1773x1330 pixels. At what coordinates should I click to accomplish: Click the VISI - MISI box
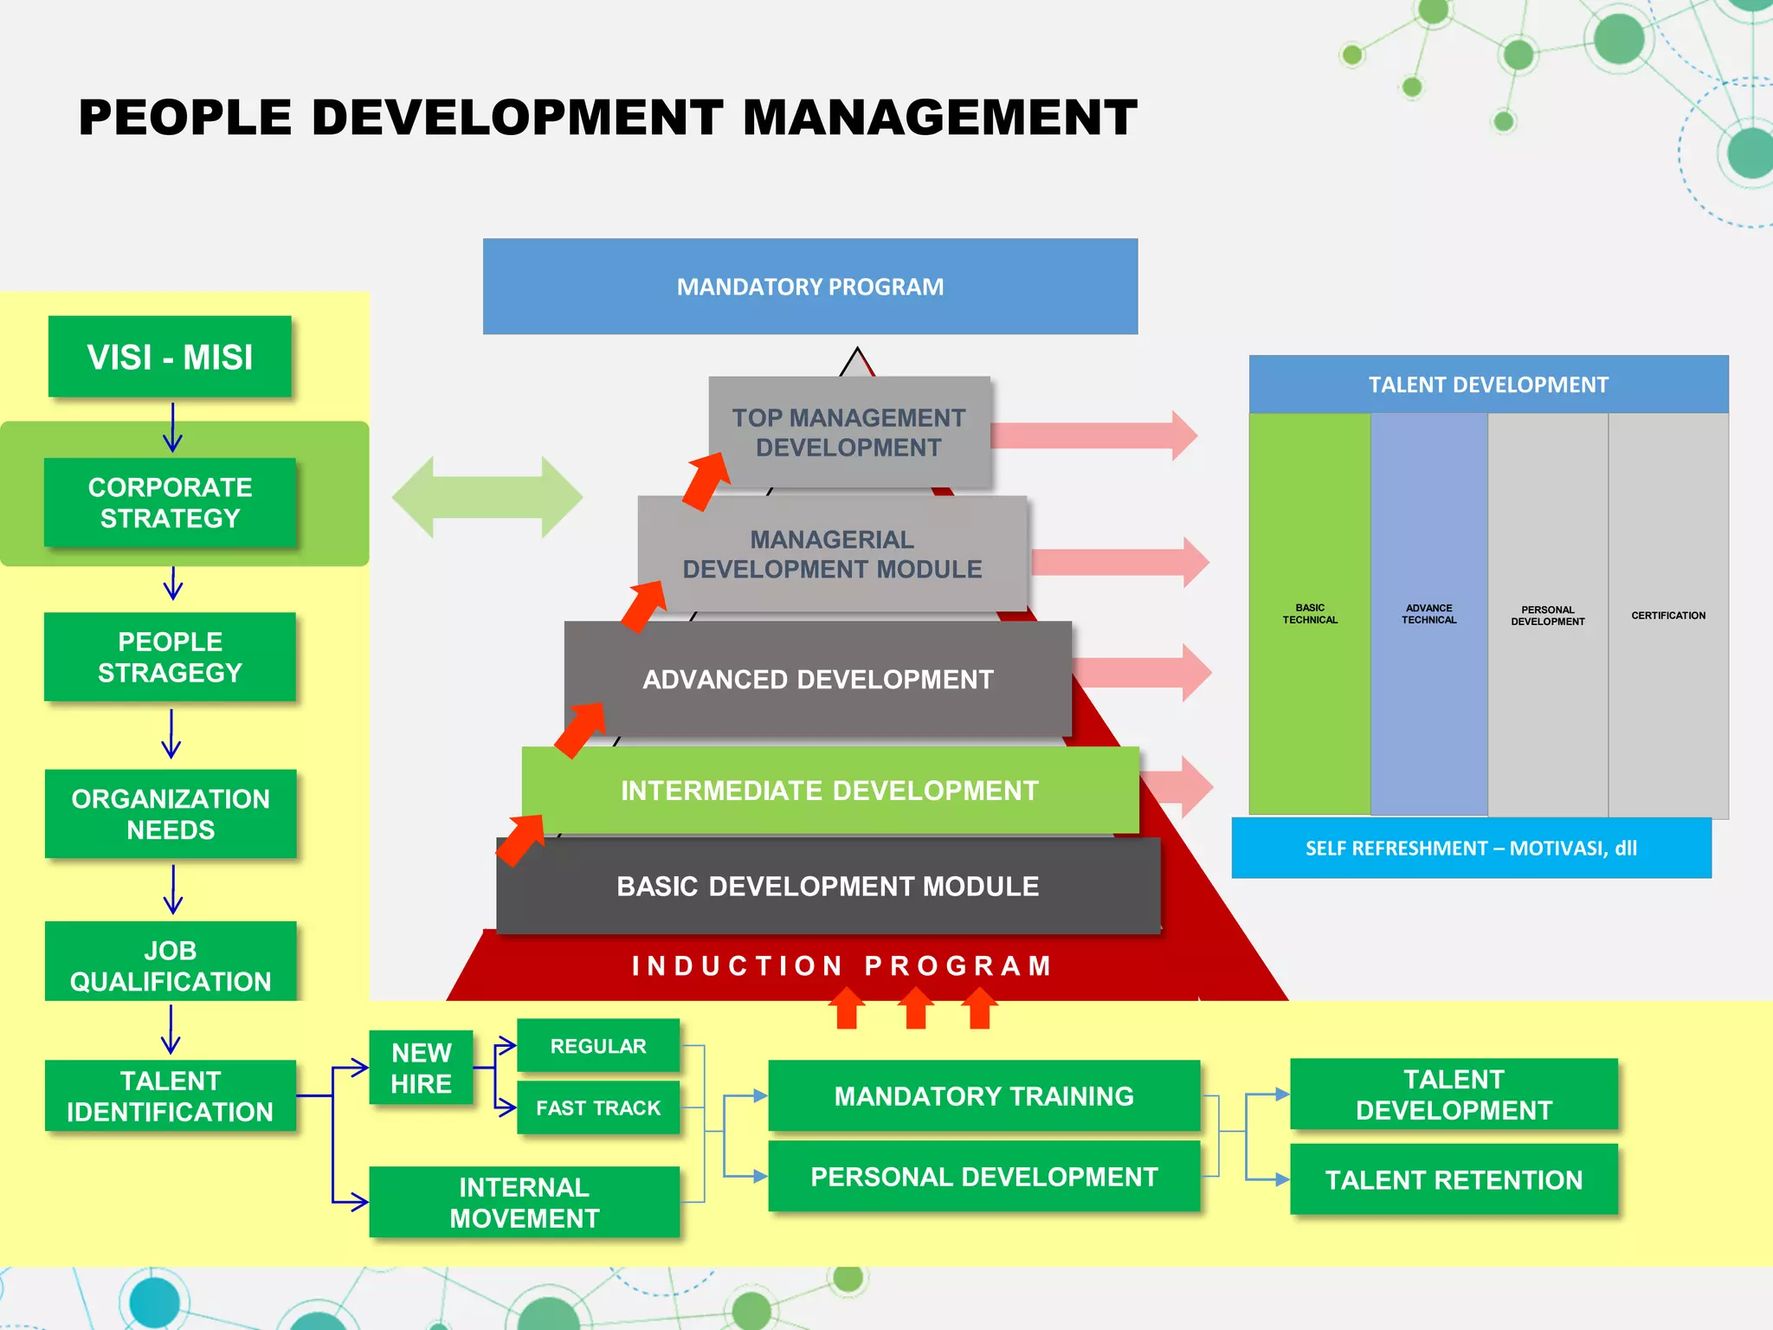point(170,357)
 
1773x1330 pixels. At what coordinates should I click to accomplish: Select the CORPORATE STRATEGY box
point(170,502)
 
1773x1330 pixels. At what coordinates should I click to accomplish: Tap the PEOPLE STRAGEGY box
point(170,657)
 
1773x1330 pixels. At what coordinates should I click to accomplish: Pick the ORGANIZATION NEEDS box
point(171,814)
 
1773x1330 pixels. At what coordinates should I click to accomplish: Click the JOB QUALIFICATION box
point(171,963)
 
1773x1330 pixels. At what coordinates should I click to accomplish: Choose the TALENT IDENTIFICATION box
point(171,1096)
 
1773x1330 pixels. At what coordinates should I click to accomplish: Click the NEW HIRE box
point(421,1068)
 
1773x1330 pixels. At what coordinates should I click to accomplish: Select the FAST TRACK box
point(597,1107)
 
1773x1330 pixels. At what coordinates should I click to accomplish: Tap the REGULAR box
point(597,1046)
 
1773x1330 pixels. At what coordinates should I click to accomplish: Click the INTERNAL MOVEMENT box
point(524,1202)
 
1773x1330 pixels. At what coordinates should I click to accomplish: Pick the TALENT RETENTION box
point(1454,1179)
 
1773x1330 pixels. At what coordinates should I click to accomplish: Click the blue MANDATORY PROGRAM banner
point(810,287)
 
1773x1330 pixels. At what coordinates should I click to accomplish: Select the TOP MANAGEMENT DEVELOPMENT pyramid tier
point(848,432)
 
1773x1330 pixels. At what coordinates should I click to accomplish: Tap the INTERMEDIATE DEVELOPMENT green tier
point(829,791)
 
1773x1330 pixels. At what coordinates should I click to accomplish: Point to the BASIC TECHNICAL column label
point(1310,614)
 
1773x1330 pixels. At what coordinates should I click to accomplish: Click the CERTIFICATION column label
point(1668,616)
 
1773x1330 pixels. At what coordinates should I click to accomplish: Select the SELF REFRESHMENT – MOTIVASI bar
point(1471,849)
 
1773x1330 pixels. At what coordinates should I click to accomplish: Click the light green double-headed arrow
point(487,498)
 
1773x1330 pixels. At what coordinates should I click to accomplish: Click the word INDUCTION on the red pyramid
point(737,965)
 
